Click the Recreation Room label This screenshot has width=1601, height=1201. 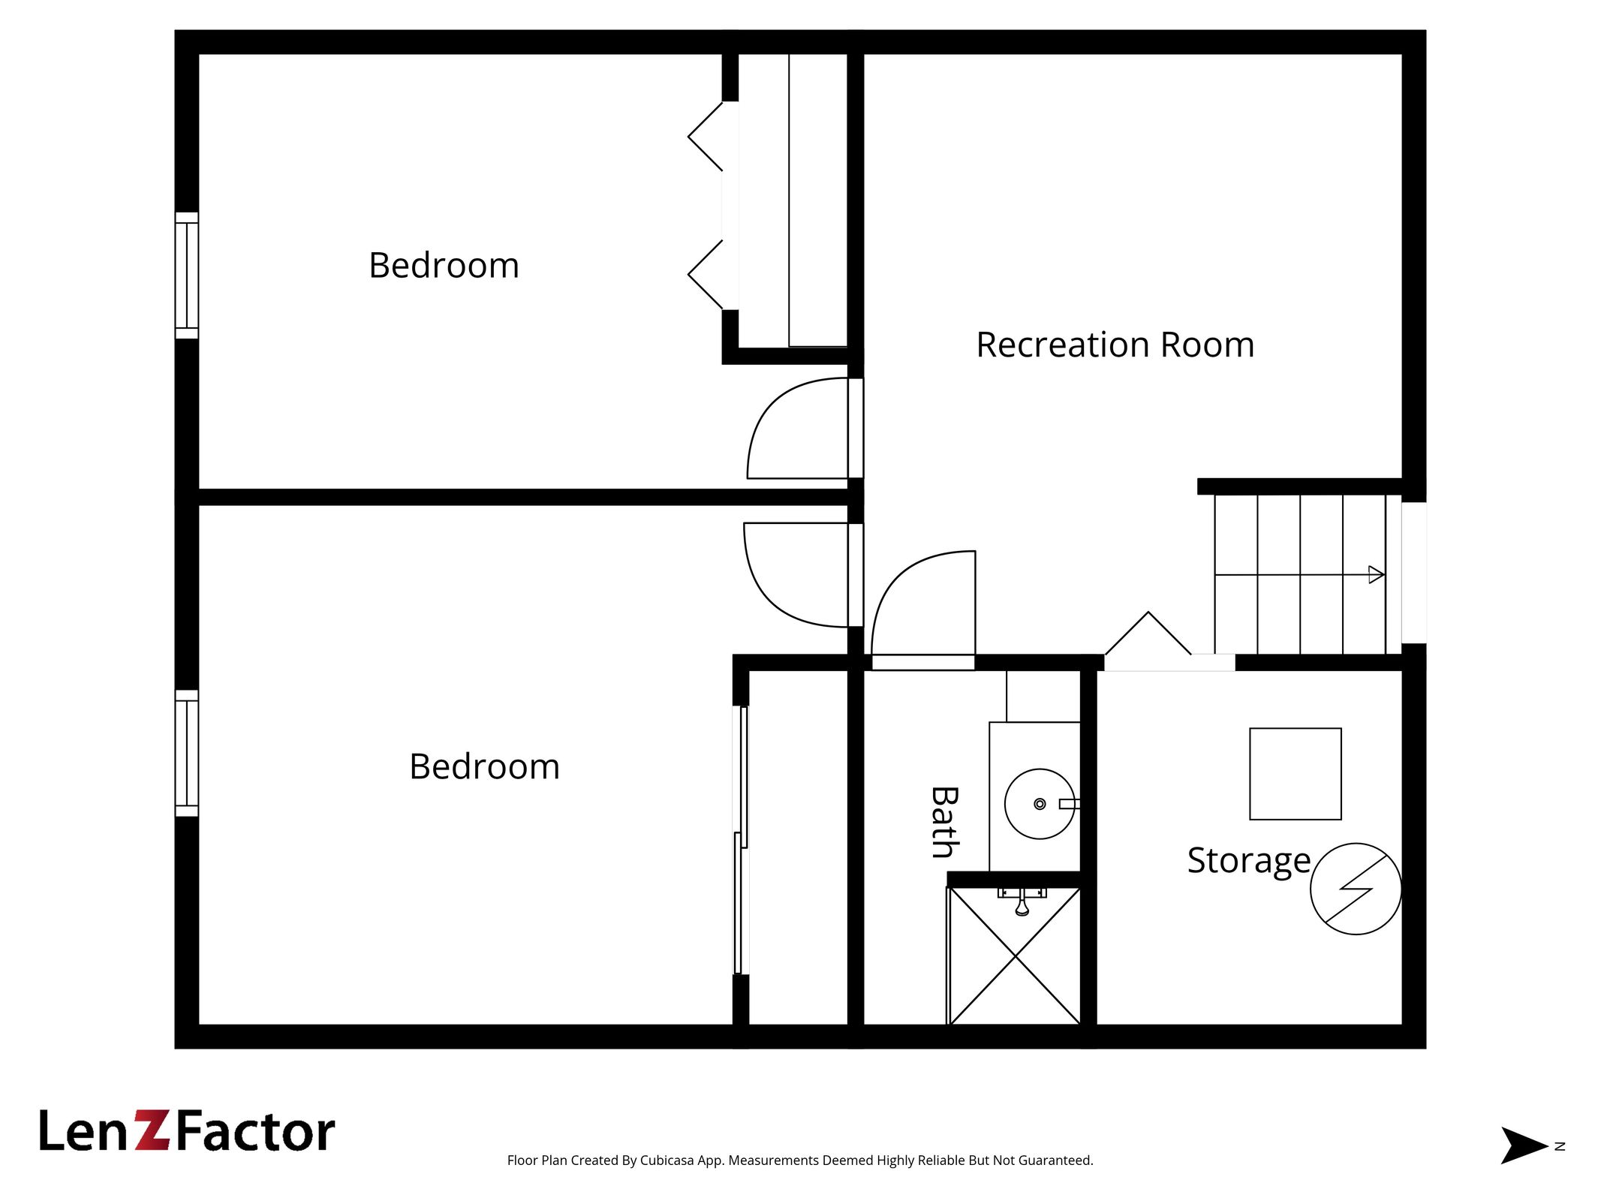coord(1115,345)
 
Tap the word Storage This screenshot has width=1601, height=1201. coord(1249,860)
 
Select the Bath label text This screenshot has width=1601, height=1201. coord(944,822)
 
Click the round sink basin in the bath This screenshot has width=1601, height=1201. coord(1040,804)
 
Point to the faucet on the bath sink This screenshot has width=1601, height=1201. coord(1070,804)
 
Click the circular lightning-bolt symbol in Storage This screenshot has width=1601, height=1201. coord(1356,889)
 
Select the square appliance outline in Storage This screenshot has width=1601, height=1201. coord(1296,774)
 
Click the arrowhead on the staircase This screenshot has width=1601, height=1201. coord(1377,575)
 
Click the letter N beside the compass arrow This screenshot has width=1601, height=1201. coord(1560,1146)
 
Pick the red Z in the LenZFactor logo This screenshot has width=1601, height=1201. coord(153,1130)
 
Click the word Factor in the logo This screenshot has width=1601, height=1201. coord(255,1131)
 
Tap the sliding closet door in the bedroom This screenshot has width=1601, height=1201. coord(741,840)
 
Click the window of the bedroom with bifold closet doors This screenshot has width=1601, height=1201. coord(187,275)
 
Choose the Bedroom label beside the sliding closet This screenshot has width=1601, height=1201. coord(484,766)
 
